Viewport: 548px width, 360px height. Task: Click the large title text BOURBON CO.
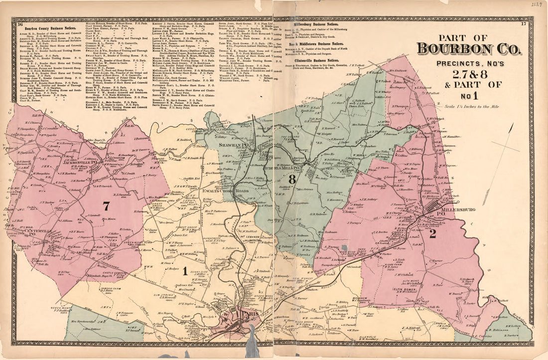tap(469, 48)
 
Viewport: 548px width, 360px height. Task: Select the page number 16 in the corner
tap(19, 24)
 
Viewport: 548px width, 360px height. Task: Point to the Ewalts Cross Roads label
tap(225, 190)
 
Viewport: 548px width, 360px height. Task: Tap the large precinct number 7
tap(106, 206)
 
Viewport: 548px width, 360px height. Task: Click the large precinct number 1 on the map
tap(184, 271)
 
